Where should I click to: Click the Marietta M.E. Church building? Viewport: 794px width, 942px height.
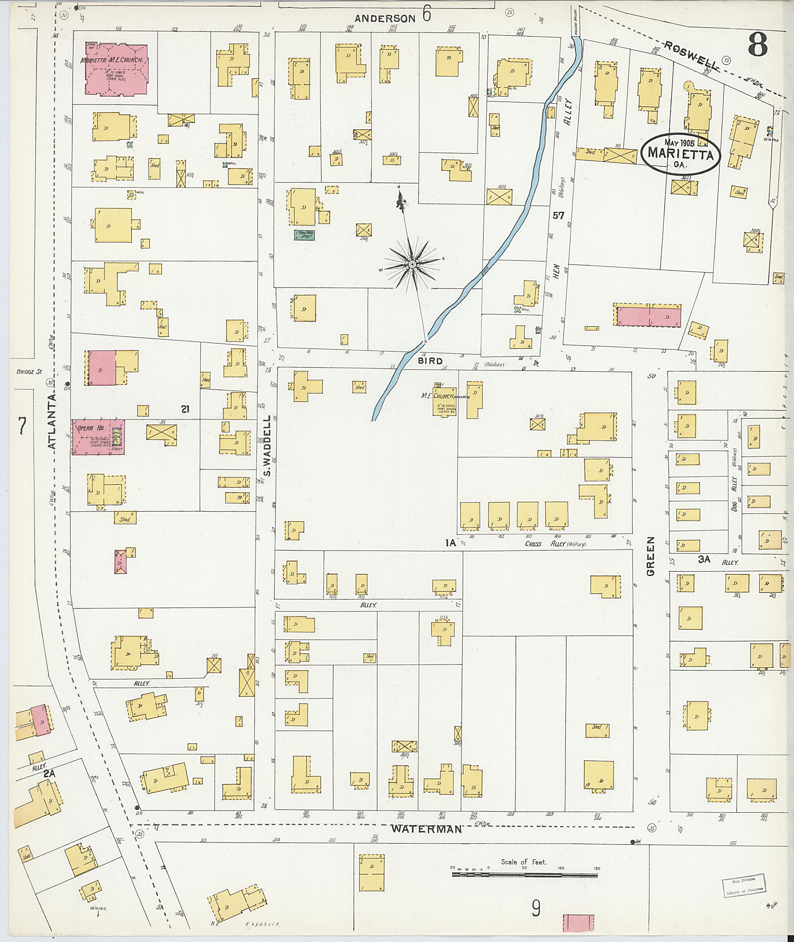116,69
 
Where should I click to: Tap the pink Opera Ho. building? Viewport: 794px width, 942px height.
98,437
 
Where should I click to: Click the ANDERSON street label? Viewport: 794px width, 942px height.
385,19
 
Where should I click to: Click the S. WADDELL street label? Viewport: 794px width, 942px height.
266,446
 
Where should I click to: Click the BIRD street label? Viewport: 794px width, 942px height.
430,361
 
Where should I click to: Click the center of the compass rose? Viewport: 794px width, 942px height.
412,265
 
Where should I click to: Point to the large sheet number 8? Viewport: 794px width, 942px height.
758,45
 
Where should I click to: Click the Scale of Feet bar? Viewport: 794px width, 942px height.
525,875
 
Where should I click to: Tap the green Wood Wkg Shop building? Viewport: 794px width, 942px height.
304,235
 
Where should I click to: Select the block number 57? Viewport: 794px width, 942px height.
558,216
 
